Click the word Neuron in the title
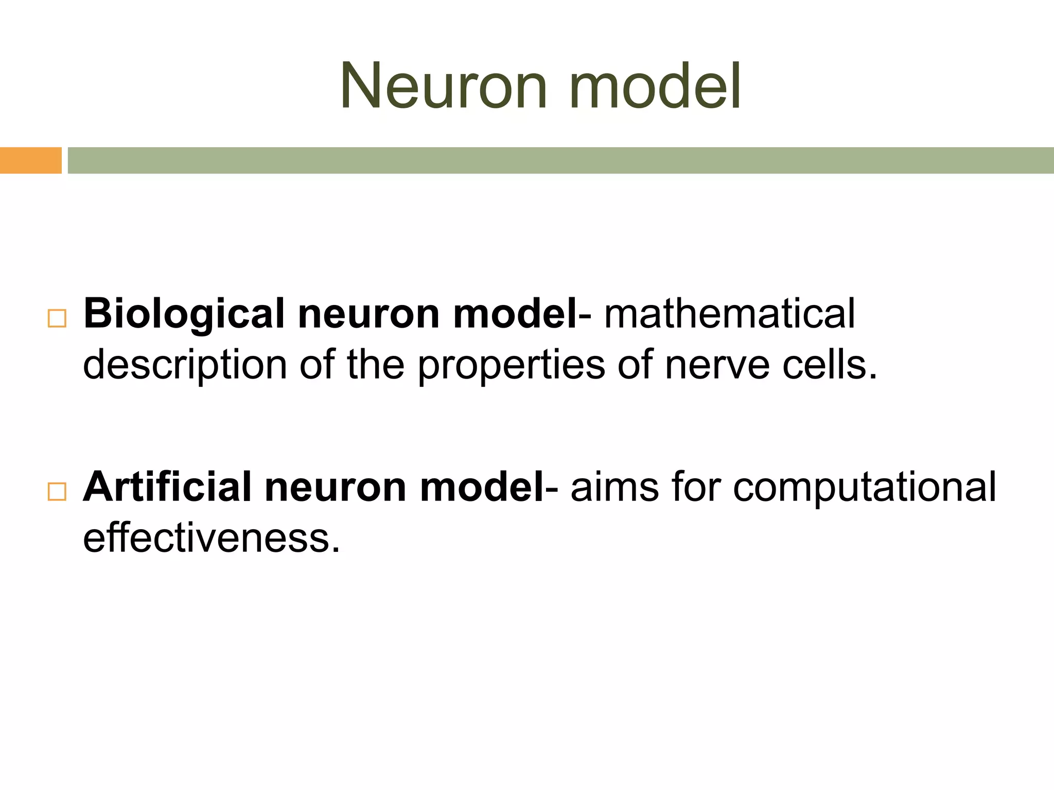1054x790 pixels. [443, 86]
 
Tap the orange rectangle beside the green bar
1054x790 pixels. [30, 160]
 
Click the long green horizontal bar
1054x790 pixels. [560, 160]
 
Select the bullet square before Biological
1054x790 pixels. [57, 319]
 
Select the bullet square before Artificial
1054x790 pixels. [57, 492]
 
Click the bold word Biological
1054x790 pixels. [184, 315]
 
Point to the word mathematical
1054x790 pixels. [729, 314]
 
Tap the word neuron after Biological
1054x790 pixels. [368, 315]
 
